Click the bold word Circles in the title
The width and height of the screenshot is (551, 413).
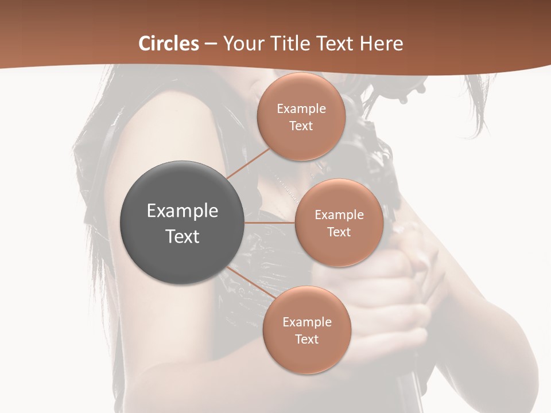(x=169, y=44)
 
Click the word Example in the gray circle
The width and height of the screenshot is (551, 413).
(x=183, y=211)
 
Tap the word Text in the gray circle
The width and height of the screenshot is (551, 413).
(x=183, y=236)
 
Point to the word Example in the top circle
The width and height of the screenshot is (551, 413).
(x=301, y=109)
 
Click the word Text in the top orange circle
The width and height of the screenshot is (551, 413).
(x=301, y=126)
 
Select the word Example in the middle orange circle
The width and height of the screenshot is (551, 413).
(x=339, y=215)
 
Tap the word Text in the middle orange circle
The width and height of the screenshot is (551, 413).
(x=339, y=232)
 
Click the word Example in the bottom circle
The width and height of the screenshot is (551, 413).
(x=307, y=322)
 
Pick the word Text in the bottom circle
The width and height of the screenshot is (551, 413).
(x=307, y=340)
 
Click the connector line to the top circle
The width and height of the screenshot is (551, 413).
(x=248, y=164)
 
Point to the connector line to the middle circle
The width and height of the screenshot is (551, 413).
(x=270, y=223)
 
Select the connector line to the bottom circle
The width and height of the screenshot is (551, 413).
(x=250, y=282)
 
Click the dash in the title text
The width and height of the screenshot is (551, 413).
(x=211, y=44)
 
